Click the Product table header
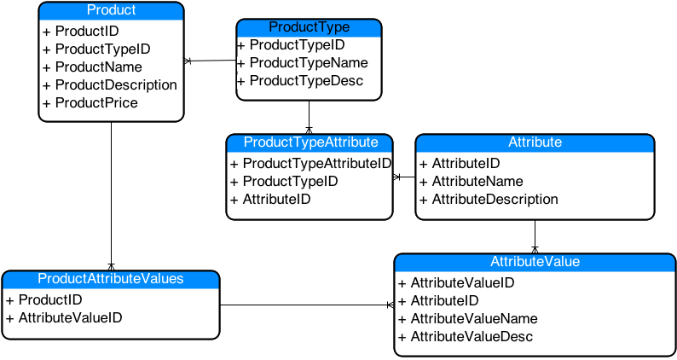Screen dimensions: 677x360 tap(112, 11)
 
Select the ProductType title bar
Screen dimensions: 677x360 tap(310, 27)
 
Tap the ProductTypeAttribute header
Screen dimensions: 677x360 tap(310, 142)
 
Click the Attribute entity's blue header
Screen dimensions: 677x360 tap(535, 142)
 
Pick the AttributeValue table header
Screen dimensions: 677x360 tap(535, 263)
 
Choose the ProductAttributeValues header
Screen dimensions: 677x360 tap(111, 279)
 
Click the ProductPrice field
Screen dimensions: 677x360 tap(90, 103)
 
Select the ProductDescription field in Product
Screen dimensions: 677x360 tap(110, 85)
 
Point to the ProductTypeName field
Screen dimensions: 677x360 tap(303, 62)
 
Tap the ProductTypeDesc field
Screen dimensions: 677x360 tap(300, 81)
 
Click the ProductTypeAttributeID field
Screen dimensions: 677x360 tap(311, 163)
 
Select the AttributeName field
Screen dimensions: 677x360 tap(472, 182)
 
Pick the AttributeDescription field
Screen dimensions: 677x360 tap(489, 200)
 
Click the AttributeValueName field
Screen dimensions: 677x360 tap(468, 319)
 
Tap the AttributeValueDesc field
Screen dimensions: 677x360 tap(466, 337)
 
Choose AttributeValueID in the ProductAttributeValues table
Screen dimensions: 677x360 tap(64, 318)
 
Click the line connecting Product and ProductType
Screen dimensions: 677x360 tap(211, 61)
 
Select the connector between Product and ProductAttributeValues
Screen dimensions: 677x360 tap(112, 196)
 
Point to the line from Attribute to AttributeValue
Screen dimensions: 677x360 tap(535, 237)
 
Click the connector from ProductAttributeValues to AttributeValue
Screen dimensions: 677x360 tap(307, 305)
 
